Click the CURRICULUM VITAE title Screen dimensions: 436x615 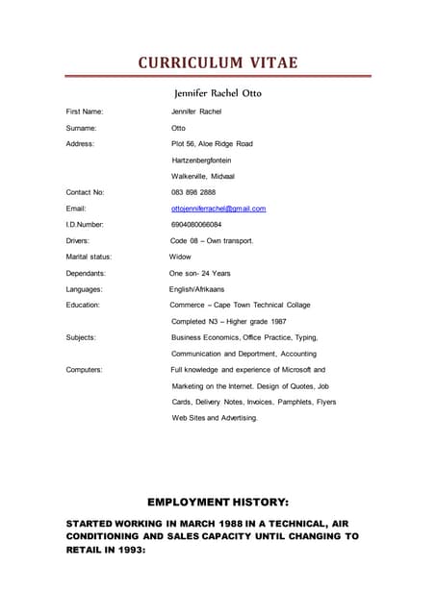[218, 63]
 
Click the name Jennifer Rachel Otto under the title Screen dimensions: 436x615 [217, 94]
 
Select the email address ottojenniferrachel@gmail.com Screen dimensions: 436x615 [218, 209]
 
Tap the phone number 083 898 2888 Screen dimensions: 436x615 [192, 192]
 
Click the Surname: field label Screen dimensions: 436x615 [81, 128]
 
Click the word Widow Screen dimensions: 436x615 [180, 257]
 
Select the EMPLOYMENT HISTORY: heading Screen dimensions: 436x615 [218, 502]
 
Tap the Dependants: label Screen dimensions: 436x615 [86, 273]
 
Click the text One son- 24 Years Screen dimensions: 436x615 [200, 273]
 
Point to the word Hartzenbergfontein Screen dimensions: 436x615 [201, 160]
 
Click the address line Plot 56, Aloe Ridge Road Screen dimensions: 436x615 [212, 143]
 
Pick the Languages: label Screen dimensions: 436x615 [85, 288]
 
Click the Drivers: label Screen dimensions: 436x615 [78, 240]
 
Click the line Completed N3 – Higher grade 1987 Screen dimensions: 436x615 [228, 321]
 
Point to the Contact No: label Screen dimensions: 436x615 [86, 192]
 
